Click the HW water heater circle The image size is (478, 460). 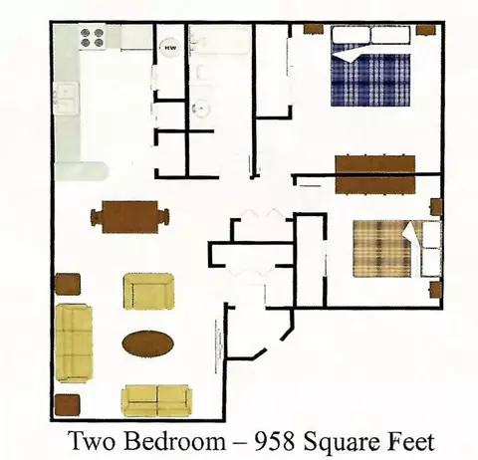point(170,48)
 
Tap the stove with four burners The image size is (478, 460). point(92,38)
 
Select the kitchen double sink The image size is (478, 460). point(67,99)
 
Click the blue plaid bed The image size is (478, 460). point(370,67)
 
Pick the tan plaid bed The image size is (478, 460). point(397,249)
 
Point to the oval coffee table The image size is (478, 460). point(148,344)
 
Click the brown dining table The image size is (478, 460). point(129,217)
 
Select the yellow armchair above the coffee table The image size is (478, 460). point(148,292)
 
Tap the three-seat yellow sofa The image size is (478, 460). point(74,343)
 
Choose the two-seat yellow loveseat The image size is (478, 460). point(157,400)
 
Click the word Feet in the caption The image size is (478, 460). point(411,442)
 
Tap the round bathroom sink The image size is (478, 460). point(200,108)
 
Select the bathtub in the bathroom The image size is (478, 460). point(219,41)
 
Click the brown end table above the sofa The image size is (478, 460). point(68,285)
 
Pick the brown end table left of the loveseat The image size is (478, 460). point(68,405)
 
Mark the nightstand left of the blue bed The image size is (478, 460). point(314,29)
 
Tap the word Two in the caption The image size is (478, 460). point(92,442)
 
